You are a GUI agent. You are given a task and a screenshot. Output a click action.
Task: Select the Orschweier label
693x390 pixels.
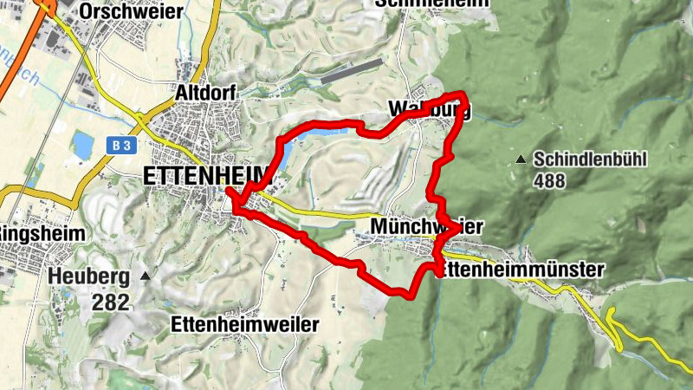click(143, 10)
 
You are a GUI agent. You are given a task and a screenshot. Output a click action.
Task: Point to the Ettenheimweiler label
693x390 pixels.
click(245, 324)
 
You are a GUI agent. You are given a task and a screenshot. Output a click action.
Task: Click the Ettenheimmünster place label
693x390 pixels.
click(520, 270)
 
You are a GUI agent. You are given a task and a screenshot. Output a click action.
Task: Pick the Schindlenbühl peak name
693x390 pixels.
click(591, 159)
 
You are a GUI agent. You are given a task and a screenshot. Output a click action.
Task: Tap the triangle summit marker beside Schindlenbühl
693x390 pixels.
click(520, 159)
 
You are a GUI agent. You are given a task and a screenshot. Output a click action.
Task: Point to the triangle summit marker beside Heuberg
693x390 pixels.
click(146, 276)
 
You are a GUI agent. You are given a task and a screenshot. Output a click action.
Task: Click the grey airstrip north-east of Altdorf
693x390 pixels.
click(351, 71)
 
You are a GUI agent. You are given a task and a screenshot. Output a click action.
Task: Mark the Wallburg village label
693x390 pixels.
click(430, 110)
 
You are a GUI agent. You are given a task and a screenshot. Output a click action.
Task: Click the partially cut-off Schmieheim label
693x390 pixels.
click(433, 3)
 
